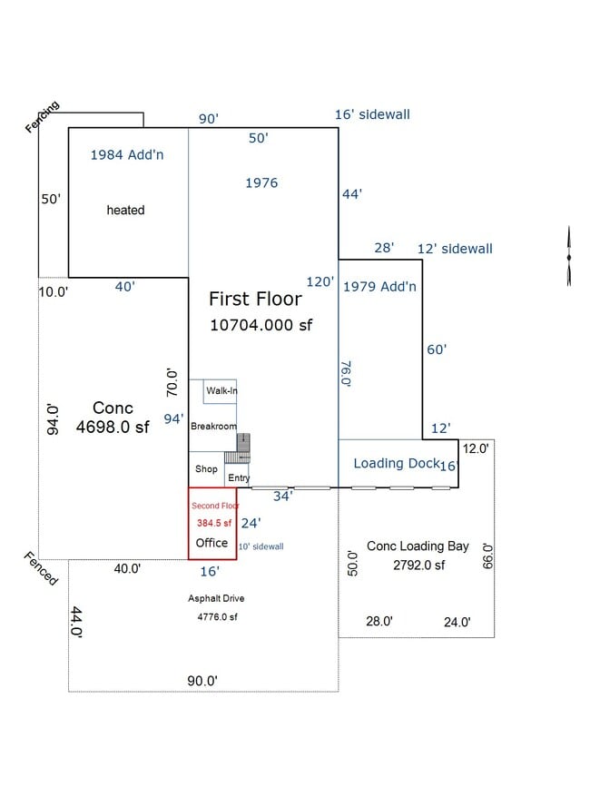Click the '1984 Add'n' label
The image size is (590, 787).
click(x=127, y=154)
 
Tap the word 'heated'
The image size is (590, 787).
click(x=125, y=210)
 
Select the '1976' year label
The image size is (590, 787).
click(x=261, y=182)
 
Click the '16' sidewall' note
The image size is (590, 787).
click(x=372, y=114)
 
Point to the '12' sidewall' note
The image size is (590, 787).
click(x=455, y=249)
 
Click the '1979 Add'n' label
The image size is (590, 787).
click(x=379, y=287)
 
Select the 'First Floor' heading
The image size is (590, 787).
click(x=255, y=299)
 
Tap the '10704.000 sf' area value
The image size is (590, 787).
click(x=261, y=325)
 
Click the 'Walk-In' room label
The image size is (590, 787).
click(x=221, y=390)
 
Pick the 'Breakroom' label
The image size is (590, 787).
click(x=213, y=426)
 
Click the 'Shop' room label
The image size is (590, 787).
click(x=206, y=468)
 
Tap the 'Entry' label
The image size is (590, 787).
click(x=239, y=477)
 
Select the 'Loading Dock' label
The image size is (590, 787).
click(x=397, y=463)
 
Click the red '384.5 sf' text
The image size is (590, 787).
click(x=214, y=523)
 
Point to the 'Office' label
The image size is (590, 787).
click(x=211, y=543)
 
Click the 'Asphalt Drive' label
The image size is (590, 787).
click(x=216, y=598)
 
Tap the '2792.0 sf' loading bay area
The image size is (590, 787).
click(x=419, y=566)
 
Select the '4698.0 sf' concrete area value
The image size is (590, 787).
click(x=113, y=428)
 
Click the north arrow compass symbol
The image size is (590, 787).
click(x=569, y=256)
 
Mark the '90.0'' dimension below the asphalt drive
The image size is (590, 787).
click(x=202, y=681)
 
